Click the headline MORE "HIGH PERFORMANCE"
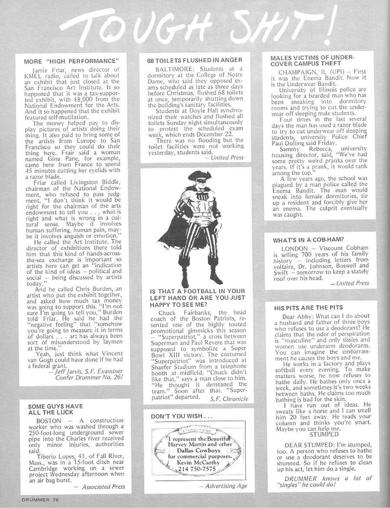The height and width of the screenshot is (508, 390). (71, 61)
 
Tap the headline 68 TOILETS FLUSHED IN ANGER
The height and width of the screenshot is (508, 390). (195, 60)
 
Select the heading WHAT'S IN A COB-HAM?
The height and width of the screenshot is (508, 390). (308, 240)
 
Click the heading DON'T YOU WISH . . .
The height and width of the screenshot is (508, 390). (182, 416)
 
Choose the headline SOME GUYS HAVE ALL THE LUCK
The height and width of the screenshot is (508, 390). (55, 409)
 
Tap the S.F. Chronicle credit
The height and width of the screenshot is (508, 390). (229, 399)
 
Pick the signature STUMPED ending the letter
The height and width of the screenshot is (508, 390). (324, 434)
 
